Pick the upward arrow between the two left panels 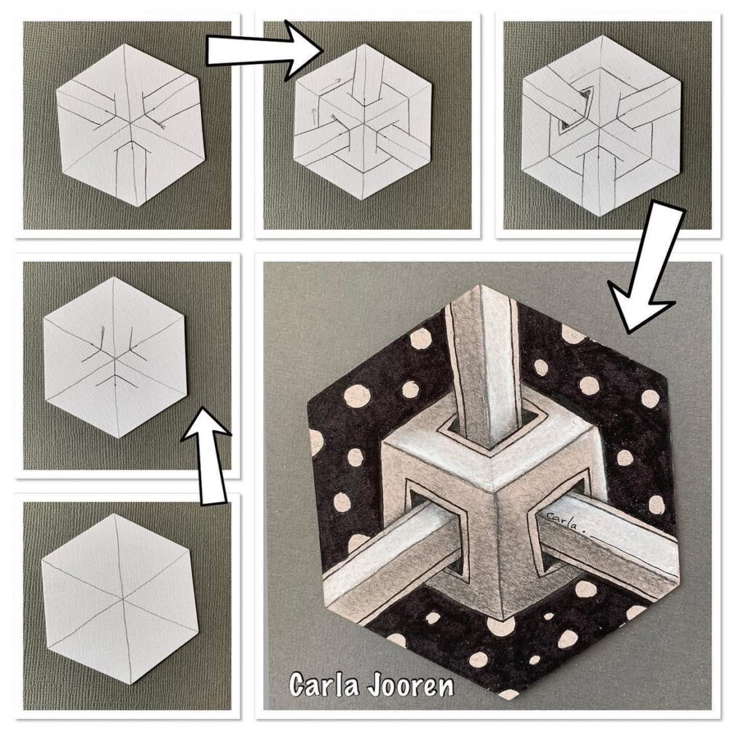click(206, 455)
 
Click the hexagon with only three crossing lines click(116, 599)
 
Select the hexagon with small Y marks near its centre click(114, 357)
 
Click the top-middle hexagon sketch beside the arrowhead click(363, 122)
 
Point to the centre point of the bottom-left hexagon click(122, 597)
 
